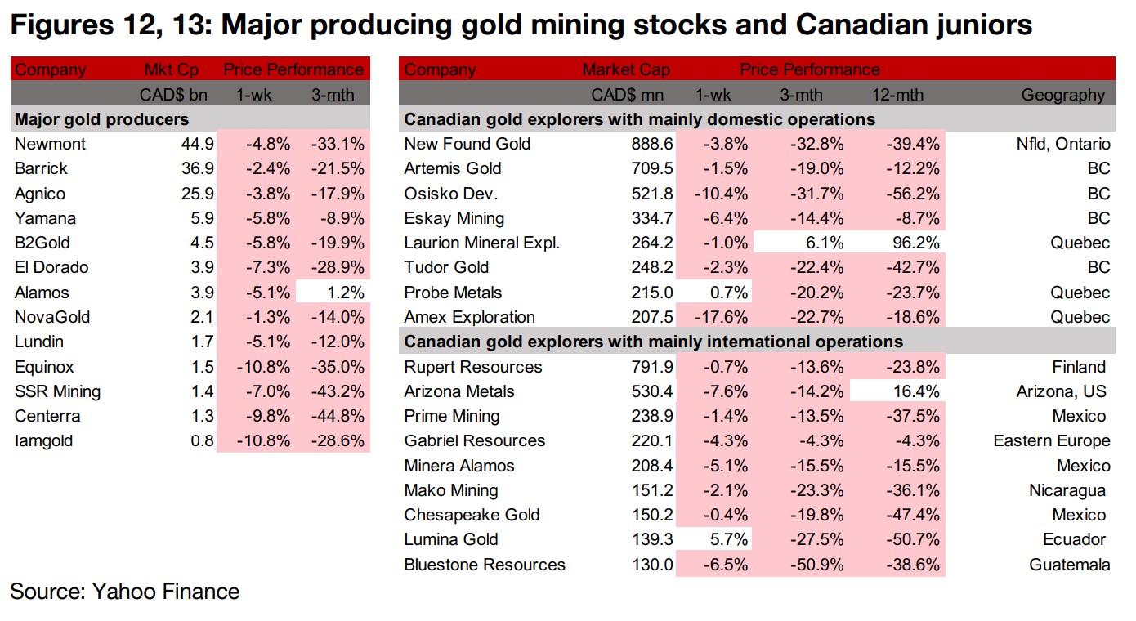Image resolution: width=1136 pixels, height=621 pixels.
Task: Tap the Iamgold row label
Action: click(43, 441)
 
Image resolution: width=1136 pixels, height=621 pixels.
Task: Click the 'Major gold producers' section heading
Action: click(101, 119)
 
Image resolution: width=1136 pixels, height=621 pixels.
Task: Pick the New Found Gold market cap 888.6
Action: click(651, 144)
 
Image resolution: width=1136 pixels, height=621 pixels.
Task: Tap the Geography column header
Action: click(1062, 95)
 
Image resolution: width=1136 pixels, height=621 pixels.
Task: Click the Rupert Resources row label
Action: click(473, 367)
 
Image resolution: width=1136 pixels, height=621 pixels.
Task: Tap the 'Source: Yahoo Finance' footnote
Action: click(125, 592)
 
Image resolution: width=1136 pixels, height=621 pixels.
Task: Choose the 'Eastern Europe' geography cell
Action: click(1051, 441)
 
